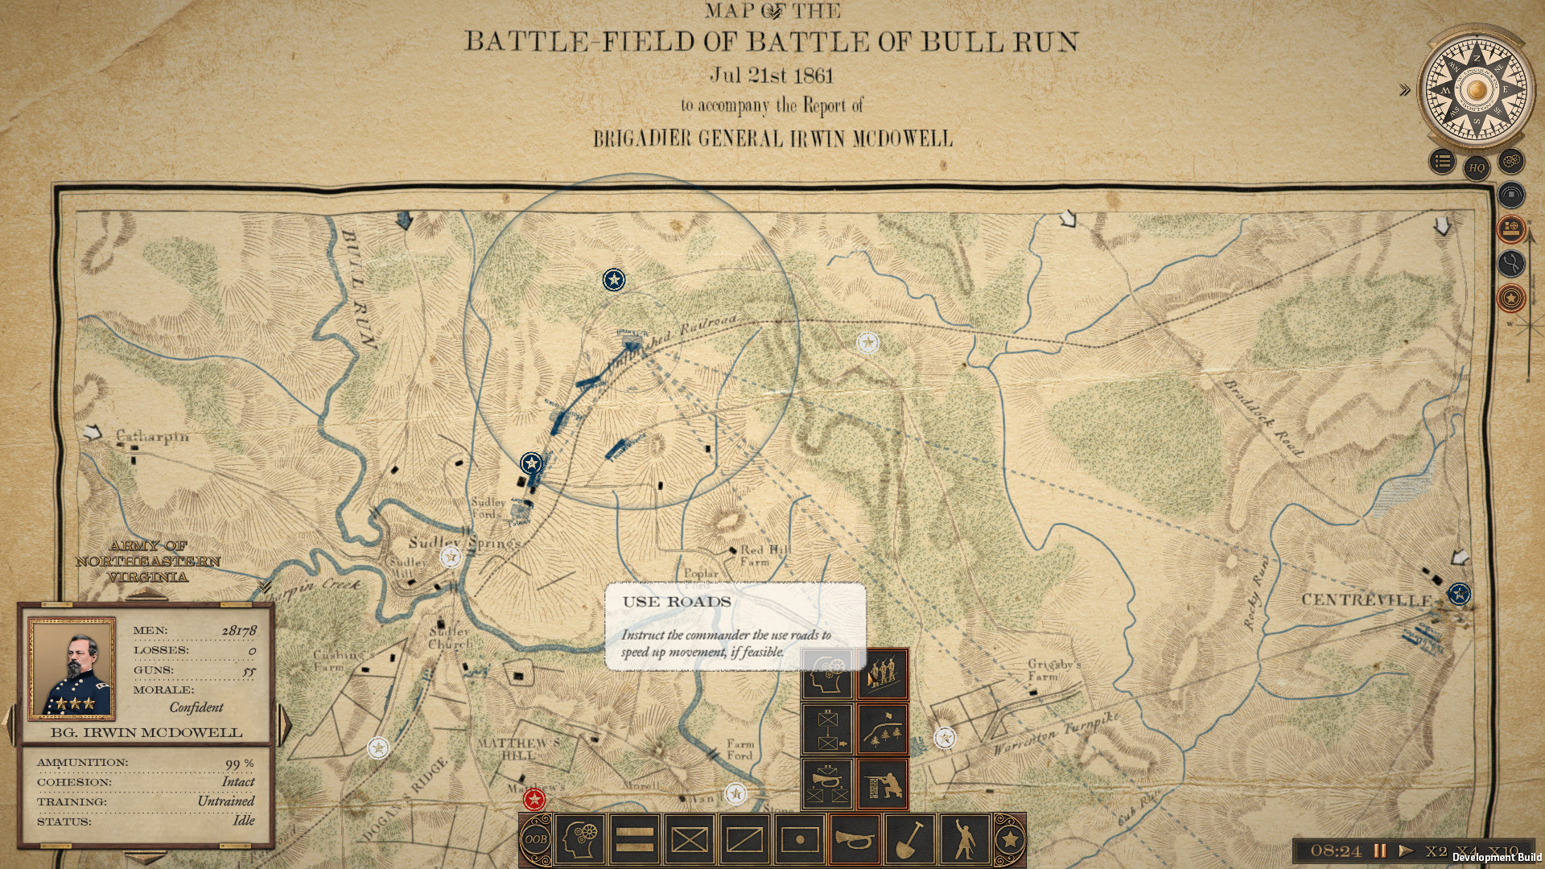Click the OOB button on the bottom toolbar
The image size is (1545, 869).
pyautogui.click(x=536, y=839)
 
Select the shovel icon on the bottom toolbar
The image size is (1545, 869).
pyautogui.click(x=909, y=839)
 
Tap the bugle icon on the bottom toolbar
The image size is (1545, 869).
pyautogui.click(x=855, y=839)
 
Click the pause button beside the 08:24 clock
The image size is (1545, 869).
pyautogui.click(x=1380, y=850)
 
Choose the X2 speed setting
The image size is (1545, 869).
pyautogui.click(x=1436, y=850)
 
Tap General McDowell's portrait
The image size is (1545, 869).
pyautogui.click(x=72, y=667)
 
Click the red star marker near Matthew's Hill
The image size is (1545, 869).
pyautogui.click(x=534, y=800)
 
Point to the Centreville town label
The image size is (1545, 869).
pyautogui.click(x=1366, y=600)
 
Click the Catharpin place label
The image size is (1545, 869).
pyautogui.click(x=152, y=437)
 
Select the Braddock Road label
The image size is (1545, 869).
pyautogui.click(x=1263, y=418)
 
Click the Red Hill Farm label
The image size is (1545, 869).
pyautogui.click(x=764, y=555)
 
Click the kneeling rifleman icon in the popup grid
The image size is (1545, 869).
pyautogui.click(x=883, y=783)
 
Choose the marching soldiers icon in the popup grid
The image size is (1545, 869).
pyautogui.click(x=883, y=673)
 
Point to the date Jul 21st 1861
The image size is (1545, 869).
pyautogui.click(x=772, y=76)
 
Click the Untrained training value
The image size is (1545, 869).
pyautogui.click(x=225, y=801)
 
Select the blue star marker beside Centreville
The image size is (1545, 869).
pyautogui.click(x=1459, y=594)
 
